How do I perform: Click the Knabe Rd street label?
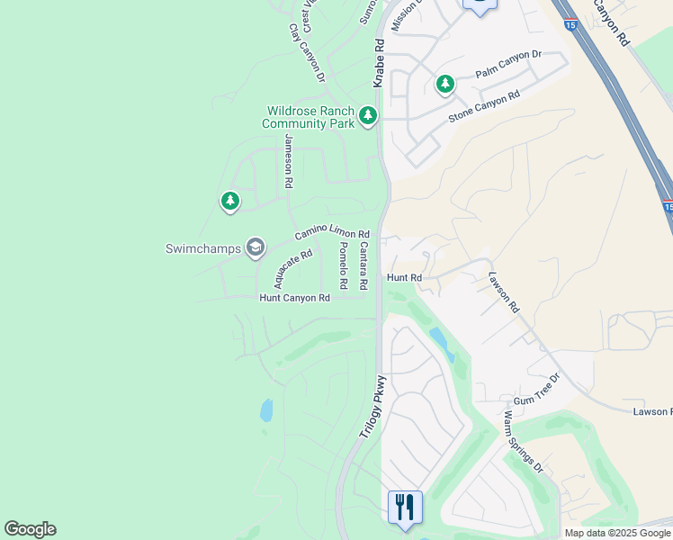tap(379, 62)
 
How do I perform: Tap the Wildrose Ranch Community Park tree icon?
tap(367, 115)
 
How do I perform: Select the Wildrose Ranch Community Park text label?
tap(310, 117)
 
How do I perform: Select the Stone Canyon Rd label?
tap(484, 107)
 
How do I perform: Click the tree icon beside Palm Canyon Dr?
tap(444, 85)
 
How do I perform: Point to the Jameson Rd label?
tap(289, 160)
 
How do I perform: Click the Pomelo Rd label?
tap(343, 265)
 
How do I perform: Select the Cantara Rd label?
tap(363, 265)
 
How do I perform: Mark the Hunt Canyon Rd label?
tap(294, 298)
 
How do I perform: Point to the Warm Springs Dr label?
tap(524, 442)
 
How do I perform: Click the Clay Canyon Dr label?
tap(306, 53)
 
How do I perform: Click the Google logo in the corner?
tap(30, 529)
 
